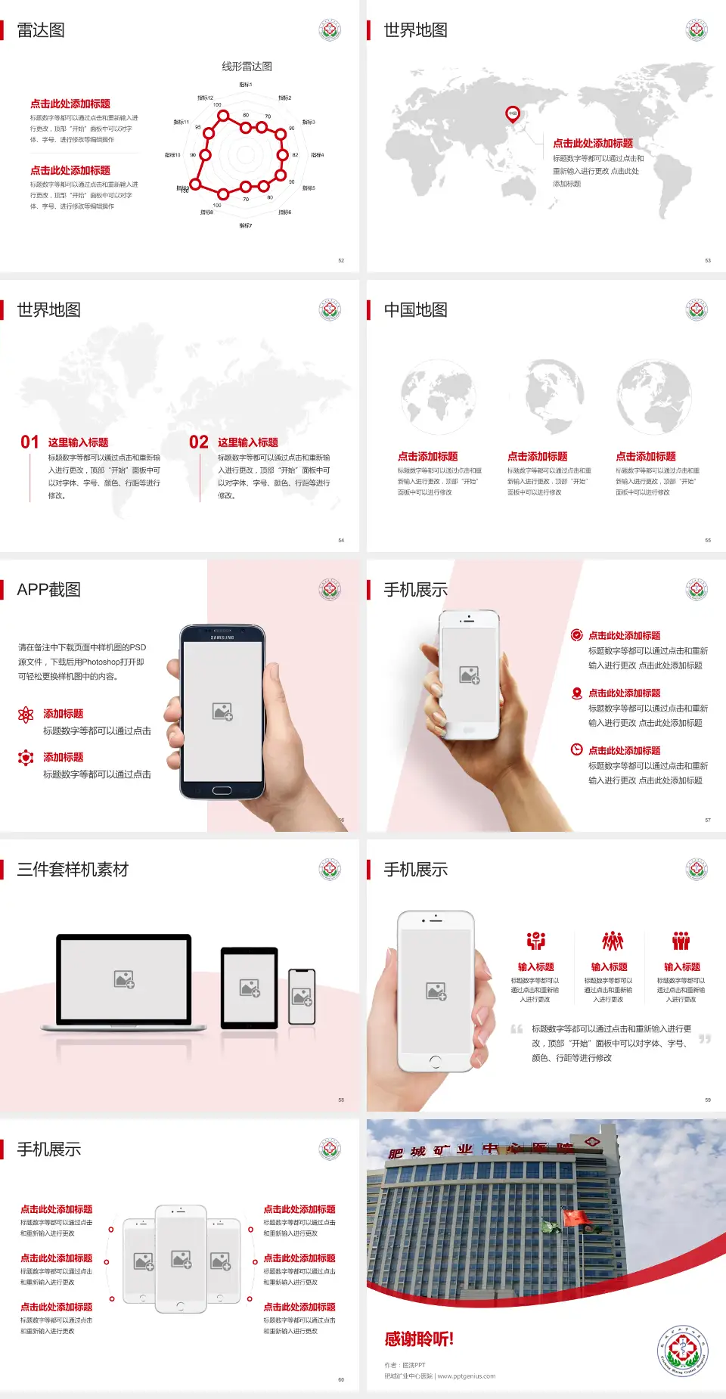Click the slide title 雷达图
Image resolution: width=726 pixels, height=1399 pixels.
tap(41, 30)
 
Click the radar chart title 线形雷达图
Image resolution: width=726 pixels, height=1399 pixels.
tap(247, 67)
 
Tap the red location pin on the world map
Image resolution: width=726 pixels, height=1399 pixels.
tap(513, 114)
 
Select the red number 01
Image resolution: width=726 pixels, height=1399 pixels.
tap(29, 442)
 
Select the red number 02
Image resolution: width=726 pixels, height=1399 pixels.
tap(199, 442)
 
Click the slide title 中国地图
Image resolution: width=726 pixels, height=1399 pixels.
tap(415, 310)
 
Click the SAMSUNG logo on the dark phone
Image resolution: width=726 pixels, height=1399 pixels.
tap(222, 637)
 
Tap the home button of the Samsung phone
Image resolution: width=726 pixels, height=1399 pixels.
tap(222, 790)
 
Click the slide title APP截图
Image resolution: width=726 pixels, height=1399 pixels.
tap(49, 590)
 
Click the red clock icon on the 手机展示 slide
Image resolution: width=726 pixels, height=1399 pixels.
tap(576, 749)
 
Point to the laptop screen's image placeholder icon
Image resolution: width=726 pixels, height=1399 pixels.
tap(124, 979)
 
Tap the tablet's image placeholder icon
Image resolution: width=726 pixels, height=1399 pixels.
tap(250, 988)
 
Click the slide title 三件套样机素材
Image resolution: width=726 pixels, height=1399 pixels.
tap(73, 870)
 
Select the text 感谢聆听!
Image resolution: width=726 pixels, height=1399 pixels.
tap(419, 1339)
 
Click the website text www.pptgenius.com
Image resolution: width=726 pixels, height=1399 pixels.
tap(467, 1376)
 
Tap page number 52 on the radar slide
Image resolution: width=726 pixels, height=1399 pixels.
tap(341, 260)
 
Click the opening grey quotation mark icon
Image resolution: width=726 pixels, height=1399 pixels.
tap(517, 1029)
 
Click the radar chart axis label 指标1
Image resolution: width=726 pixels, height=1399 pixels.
tap(246, 85)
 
